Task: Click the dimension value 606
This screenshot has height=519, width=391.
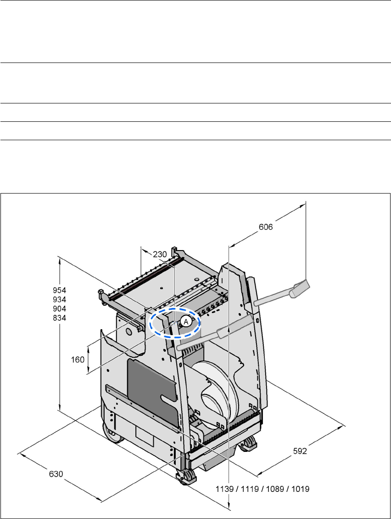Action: (266, 227)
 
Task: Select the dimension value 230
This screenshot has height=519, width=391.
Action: (160, 254)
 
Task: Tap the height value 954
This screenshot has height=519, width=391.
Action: (60, 290)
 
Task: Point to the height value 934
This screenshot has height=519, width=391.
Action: (60, 300)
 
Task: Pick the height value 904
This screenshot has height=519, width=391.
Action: (60, 309)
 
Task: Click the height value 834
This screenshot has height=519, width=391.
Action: (60, 318)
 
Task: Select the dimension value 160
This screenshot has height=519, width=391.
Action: (78, 359)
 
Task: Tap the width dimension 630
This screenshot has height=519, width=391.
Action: (56, 474)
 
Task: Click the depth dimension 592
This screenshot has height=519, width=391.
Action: (300, 451)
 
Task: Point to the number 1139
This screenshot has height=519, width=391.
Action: (224, 489)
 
